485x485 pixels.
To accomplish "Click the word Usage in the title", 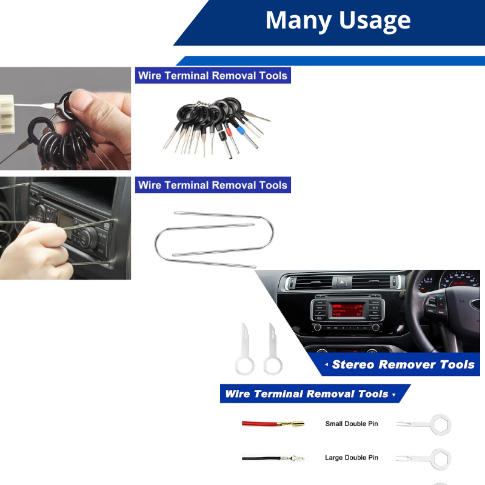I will point(375,21).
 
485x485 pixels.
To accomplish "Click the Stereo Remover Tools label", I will point(403,364).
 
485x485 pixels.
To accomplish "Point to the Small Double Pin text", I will point(352,424).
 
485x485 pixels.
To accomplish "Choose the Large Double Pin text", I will point(352,458).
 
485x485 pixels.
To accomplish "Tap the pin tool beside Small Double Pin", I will point(424,423).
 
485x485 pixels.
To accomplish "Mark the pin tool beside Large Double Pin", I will point(424,458).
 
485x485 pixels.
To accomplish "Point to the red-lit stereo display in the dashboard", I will point(346,310).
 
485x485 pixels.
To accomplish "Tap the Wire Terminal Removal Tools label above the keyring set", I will point(212,76).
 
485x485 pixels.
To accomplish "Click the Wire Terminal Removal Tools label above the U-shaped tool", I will point(212,185).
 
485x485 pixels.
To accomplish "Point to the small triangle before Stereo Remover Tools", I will point(327,365).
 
